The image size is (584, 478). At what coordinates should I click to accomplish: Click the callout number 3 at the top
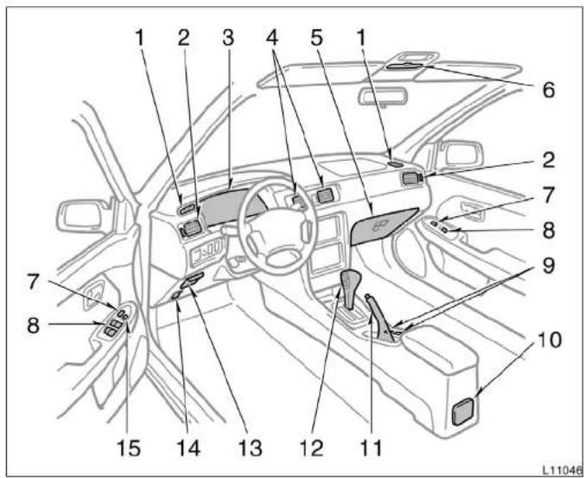pos(228,38)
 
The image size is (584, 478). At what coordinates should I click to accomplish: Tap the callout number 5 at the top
pos(316,38)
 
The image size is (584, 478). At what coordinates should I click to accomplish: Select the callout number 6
pos(549,90)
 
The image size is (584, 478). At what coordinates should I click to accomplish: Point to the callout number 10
pos(549,340)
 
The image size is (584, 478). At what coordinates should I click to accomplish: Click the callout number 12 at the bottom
pos(312,448)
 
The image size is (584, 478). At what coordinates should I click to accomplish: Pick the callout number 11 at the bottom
pos(371,448)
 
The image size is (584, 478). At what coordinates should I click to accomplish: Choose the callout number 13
pos(251,448)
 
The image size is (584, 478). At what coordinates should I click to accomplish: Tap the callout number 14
pos(188,448)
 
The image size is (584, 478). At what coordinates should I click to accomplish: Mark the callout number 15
pos(129,448)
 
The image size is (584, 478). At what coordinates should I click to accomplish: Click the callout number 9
pos(549,265)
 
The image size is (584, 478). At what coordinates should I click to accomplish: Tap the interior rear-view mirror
pos(383,96)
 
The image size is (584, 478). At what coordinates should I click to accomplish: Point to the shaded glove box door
pos(384,226)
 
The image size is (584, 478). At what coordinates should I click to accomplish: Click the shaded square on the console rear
pos(463,411)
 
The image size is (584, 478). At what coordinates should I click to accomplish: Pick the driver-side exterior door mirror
pos(81,216)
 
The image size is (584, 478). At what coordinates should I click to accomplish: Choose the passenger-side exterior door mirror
pos(460,153)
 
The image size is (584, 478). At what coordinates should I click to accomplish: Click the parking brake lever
pos(381,316)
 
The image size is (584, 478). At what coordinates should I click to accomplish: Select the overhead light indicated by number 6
pos(405,67)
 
